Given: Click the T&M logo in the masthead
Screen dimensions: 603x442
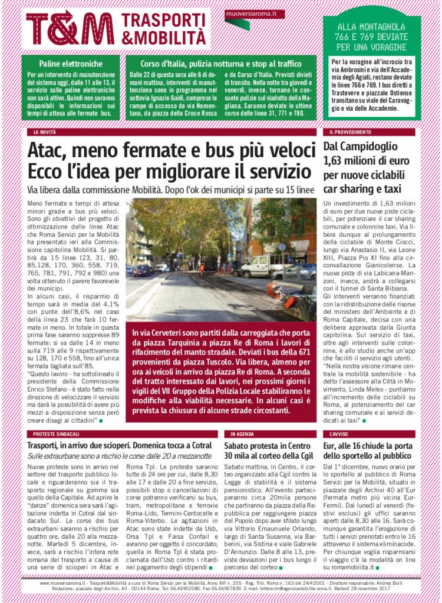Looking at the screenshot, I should click(x=70, y=29).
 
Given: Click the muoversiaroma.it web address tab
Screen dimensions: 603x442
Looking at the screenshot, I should click(x=255, y=12).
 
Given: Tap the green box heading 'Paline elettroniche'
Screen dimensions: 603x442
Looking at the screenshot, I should click(x=71, y=63).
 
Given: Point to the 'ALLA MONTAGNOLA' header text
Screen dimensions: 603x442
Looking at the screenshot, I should click(x=371, y=27).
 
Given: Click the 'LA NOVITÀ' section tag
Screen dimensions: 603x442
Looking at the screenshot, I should click(x=45, y=132).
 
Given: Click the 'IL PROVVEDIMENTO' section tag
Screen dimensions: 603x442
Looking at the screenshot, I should click(x=350, y=132).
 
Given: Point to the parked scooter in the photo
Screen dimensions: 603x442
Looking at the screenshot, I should click(x=292, y=297).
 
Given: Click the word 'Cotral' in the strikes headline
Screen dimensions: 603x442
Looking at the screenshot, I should click(x=200, y=446).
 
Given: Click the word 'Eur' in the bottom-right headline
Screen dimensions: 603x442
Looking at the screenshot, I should click(x=331, y=446).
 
